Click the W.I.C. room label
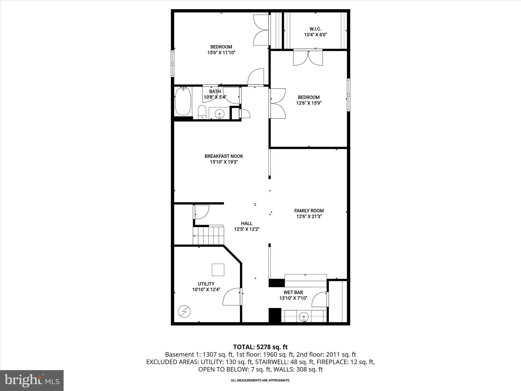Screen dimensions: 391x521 tap(315, 29)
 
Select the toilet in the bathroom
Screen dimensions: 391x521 tap(202, 112)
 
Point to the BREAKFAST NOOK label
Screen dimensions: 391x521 tap(224, 156)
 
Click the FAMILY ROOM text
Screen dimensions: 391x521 tap(309, 211)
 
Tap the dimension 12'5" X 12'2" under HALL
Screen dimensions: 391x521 tap(247, 229)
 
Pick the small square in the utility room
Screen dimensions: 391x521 tap(218, 270)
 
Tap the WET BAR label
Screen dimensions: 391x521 tap(293, 292)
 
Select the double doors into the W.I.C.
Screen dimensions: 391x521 tap(308, 58)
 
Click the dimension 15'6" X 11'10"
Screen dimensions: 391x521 tap(221, 53)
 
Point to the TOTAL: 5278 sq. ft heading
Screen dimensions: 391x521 tap(260, 347)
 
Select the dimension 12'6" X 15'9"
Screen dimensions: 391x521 tap(309, 103)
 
